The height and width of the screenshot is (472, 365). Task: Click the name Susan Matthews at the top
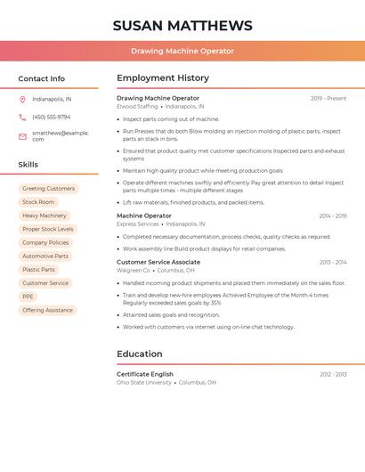[x=182, y=26]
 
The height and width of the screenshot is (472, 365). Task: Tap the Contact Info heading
[x=42, y=78]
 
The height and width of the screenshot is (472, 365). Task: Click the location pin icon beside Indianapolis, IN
[x=22, y=99]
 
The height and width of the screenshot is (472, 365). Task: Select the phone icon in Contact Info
[x=22, y=118]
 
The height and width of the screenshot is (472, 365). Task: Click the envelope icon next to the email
[x=22, y=136]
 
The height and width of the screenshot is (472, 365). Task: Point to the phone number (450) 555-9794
[x=51, y=118]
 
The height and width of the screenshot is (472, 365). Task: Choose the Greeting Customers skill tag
[x=48, y=189]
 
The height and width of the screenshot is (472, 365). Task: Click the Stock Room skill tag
[x=38, y=202]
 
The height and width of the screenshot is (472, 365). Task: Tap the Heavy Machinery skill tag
[x=45, y=216]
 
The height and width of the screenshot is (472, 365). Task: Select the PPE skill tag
[x=28, y=297]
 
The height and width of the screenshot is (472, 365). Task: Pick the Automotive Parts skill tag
[x=45, y=256]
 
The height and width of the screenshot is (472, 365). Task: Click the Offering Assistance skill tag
[x=47, y=310]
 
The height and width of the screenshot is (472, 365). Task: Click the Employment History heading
[x=163, y=78]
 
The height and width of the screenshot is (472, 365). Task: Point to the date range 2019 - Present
[x=328, y=98]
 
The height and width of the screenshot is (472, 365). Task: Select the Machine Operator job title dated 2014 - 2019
[x=144, y=216]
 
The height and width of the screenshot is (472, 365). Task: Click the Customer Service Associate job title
[x=158, y=262]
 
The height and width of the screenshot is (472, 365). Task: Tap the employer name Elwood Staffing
[x=137, y=107]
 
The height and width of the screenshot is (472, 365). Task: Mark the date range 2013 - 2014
[x=333, y=262]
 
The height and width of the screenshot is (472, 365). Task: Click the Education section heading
[x=140, y=354]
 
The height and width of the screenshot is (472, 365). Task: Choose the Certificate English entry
[x=145, y=374]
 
